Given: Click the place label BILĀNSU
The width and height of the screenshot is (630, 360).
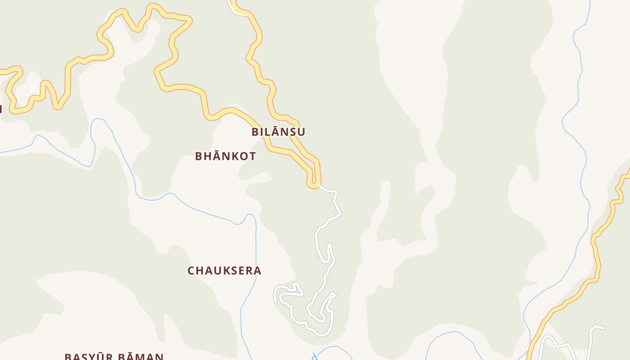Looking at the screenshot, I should click(x=278, y=132).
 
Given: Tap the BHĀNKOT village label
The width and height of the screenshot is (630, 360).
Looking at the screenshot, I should click(x=225, y=156).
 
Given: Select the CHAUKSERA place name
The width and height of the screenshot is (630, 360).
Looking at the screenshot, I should click(x=224, y=270).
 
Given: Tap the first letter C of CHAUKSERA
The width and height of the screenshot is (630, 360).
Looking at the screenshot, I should click(x=191, y=271).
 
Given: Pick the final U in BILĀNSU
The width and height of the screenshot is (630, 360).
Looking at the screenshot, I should click(x=301, y=132).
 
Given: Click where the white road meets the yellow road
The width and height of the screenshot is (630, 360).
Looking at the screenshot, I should click(x=319, y=185).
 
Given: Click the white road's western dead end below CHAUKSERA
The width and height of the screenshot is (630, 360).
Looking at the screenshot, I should click(x=275, y=302).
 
